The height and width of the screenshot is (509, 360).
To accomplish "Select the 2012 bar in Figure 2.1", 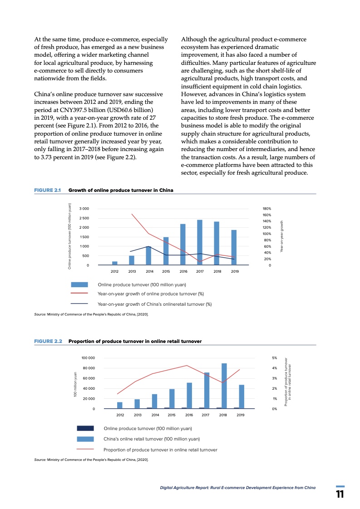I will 115,263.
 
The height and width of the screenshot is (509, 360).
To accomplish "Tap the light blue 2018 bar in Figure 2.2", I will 224,386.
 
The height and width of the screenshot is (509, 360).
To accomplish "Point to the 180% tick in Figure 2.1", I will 267,208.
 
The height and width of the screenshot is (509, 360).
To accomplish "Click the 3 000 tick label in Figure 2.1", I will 84,208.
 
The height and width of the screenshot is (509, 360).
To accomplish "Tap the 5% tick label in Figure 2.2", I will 274,358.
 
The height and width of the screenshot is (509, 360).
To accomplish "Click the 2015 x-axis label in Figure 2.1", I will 166,271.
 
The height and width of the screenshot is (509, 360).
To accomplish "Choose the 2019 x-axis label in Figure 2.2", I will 241,415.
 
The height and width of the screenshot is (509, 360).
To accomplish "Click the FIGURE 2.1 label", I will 48,190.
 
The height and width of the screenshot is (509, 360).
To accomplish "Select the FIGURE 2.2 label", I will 48,341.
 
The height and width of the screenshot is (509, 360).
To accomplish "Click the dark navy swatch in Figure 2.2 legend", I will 85,428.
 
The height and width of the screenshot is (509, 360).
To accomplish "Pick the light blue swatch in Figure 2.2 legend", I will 85,439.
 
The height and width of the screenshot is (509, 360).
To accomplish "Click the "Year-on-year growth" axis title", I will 281,236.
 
